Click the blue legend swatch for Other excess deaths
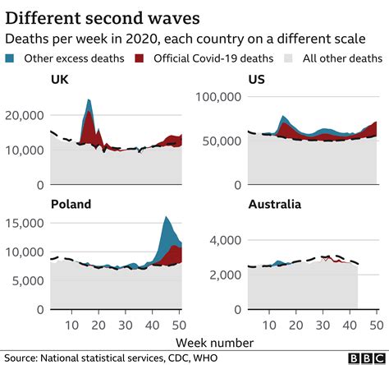[11, 58]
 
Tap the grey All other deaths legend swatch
[288, 58]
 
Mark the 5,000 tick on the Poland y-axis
[30, 280]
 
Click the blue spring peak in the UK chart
[88, 102]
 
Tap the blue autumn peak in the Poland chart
[167, 219]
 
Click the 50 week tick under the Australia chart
[377, 323]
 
